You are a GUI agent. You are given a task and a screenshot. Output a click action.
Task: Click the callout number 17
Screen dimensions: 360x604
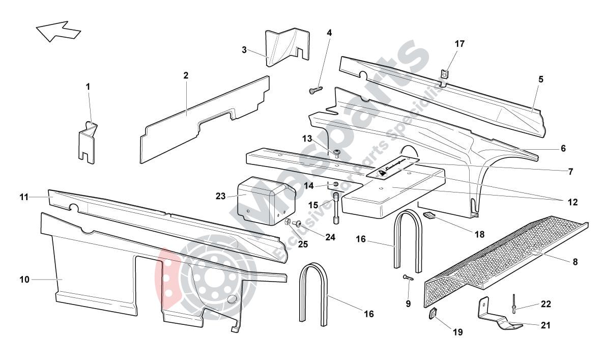[x=459, y=44]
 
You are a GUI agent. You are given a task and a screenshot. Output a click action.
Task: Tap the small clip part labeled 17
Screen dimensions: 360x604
[x=444, y=75]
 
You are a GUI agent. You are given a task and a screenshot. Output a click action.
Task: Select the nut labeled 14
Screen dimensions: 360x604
[x=336, y=184]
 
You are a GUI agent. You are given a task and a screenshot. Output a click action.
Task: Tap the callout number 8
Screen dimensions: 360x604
[x=574, y=262]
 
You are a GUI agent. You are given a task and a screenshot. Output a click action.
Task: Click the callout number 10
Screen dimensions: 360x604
[x=25, y=279]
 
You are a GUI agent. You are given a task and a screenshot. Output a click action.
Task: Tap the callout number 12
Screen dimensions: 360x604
[x=572, y=202]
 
